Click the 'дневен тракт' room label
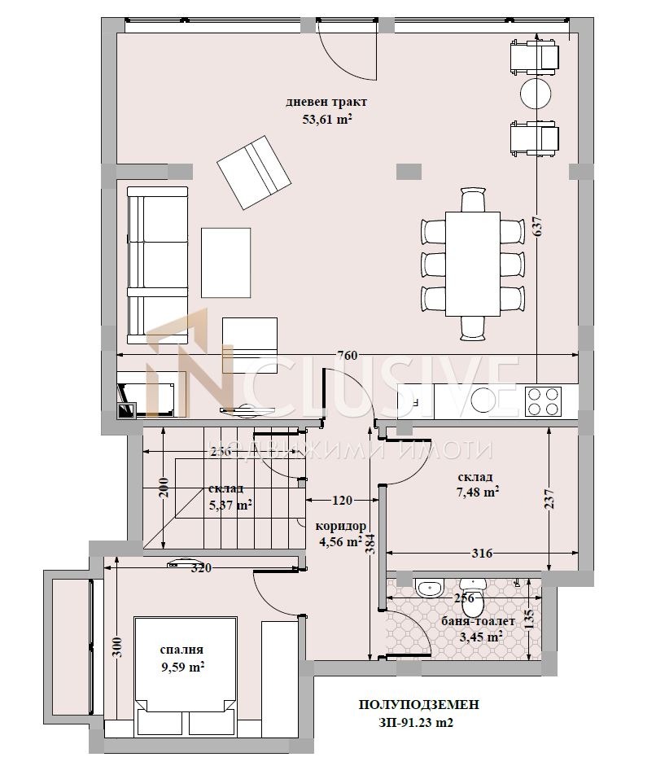click(x=326, y=103)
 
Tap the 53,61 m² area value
click(x=326, y=119)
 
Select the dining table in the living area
click(x=473, y=265)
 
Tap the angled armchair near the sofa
click(x=254, y=173)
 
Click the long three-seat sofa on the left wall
click(x=157, y=265)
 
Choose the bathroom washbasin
click(x=427, y=587)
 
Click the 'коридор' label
click(x=342, y=525)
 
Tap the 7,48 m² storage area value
click(x=477, y=492)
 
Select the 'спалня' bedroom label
click(x=181, y=650)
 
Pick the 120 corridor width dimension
click(x=342, y=501)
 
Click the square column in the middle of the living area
click(x=409, y=171)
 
